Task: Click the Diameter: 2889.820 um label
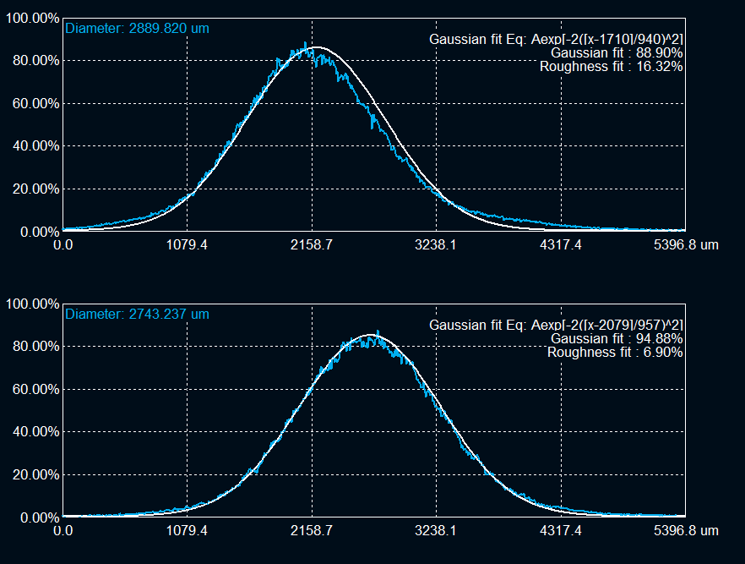tap(137, 28)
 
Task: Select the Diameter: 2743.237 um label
tap(137, 315)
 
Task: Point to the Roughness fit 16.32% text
tap(611, 66)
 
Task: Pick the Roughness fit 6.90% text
tap(614, 352)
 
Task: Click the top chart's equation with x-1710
tap(556, 39)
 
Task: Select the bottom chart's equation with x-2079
tap(556, 325)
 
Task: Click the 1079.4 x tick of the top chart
tap(187, 245)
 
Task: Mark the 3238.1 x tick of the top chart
tap(436, 245)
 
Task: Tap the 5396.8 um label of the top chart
tap(685, 245)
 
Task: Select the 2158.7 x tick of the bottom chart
tap(312, 531)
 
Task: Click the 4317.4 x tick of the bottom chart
tap(560, 531)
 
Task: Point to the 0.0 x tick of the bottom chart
tap(63, 531)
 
